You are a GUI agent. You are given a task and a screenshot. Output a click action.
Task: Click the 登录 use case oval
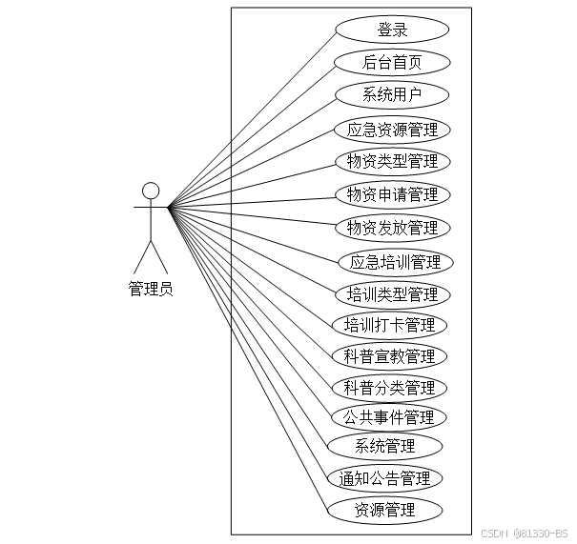coord(392,30)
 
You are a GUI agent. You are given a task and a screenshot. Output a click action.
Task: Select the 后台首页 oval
coord(392,63)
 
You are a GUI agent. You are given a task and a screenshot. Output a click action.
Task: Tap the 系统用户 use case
coord(392,95)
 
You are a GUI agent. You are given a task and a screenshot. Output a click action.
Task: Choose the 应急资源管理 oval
coord(392,130)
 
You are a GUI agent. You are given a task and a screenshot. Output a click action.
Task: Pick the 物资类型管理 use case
coord(392,161)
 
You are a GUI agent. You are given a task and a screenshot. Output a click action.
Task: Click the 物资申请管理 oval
coord(392,194)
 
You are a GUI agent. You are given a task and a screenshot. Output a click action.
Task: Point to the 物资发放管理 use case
coord(392,228)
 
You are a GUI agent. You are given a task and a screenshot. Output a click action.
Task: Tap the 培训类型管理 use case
coord(392,293)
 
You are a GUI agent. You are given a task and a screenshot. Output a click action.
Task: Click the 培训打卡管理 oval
coord(389,325)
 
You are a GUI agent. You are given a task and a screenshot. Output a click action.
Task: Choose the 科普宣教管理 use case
coord(389,356)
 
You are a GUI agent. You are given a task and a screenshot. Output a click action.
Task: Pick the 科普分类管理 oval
coord(389,388)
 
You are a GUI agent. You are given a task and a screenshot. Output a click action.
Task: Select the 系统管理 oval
coord(384,446)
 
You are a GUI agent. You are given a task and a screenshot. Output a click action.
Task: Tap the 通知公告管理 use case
coord(384,477)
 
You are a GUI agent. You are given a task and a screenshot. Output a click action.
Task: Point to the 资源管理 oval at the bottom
coord(384,510)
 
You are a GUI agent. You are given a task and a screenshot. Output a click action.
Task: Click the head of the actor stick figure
coord(150,189)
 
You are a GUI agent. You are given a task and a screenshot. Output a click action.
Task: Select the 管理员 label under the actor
coord(151,289)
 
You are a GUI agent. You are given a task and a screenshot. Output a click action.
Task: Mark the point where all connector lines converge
coord(169,207)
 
